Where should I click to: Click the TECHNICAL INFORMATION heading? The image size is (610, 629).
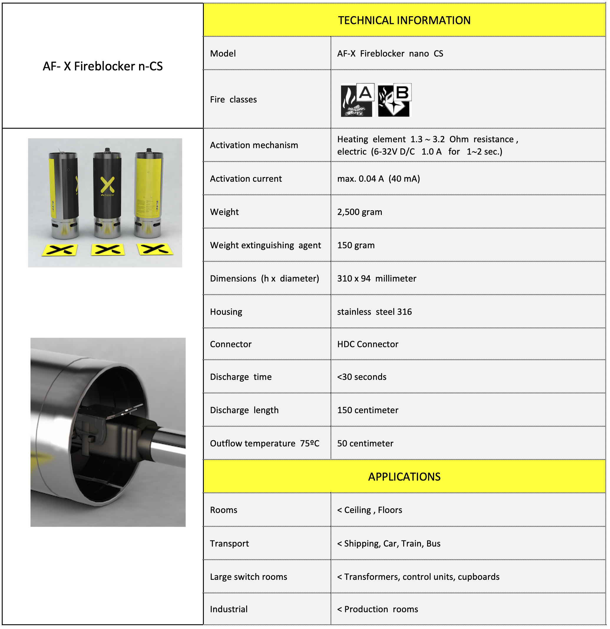pyautogui.click(x=404, y=20)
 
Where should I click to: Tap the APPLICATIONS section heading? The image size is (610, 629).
pyautogui.click(x=404, y=477)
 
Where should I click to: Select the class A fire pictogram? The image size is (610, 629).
pyautogui.click(x=357, y=100)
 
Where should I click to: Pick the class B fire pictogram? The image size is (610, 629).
pyautogui.click(x=394, y=100)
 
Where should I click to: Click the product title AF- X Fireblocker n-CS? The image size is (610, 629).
pyautogui.click(x=103, y=66)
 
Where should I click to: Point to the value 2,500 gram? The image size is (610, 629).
pyautogui.click(x=360, y=212)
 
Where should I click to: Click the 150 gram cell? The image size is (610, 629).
pyautogui.click(x=356, y=246)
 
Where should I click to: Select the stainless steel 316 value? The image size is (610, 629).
pyautogui.click(x=374, y=312)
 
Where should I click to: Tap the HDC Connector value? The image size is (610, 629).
pyautogui.click(x=368, y=344)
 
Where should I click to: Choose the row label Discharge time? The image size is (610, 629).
pyautogui.click(x=241, y=377)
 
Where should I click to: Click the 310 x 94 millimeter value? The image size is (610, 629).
pyautogui.click(x=377, y=279)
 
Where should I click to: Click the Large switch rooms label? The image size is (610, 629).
pyautogui.click(x=249, y=577)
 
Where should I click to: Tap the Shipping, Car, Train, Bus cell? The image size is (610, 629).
pyautogui.click(x=389, y=544)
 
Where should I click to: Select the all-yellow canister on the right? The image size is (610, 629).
pyautogui.click(x=148, y=193)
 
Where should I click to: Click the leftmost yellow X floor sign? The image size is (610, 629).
pyautogui.click(x=60, y=250)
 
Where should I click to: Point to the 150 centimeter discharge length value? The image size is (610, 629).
pyautogui.click(x=368, y=410)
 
